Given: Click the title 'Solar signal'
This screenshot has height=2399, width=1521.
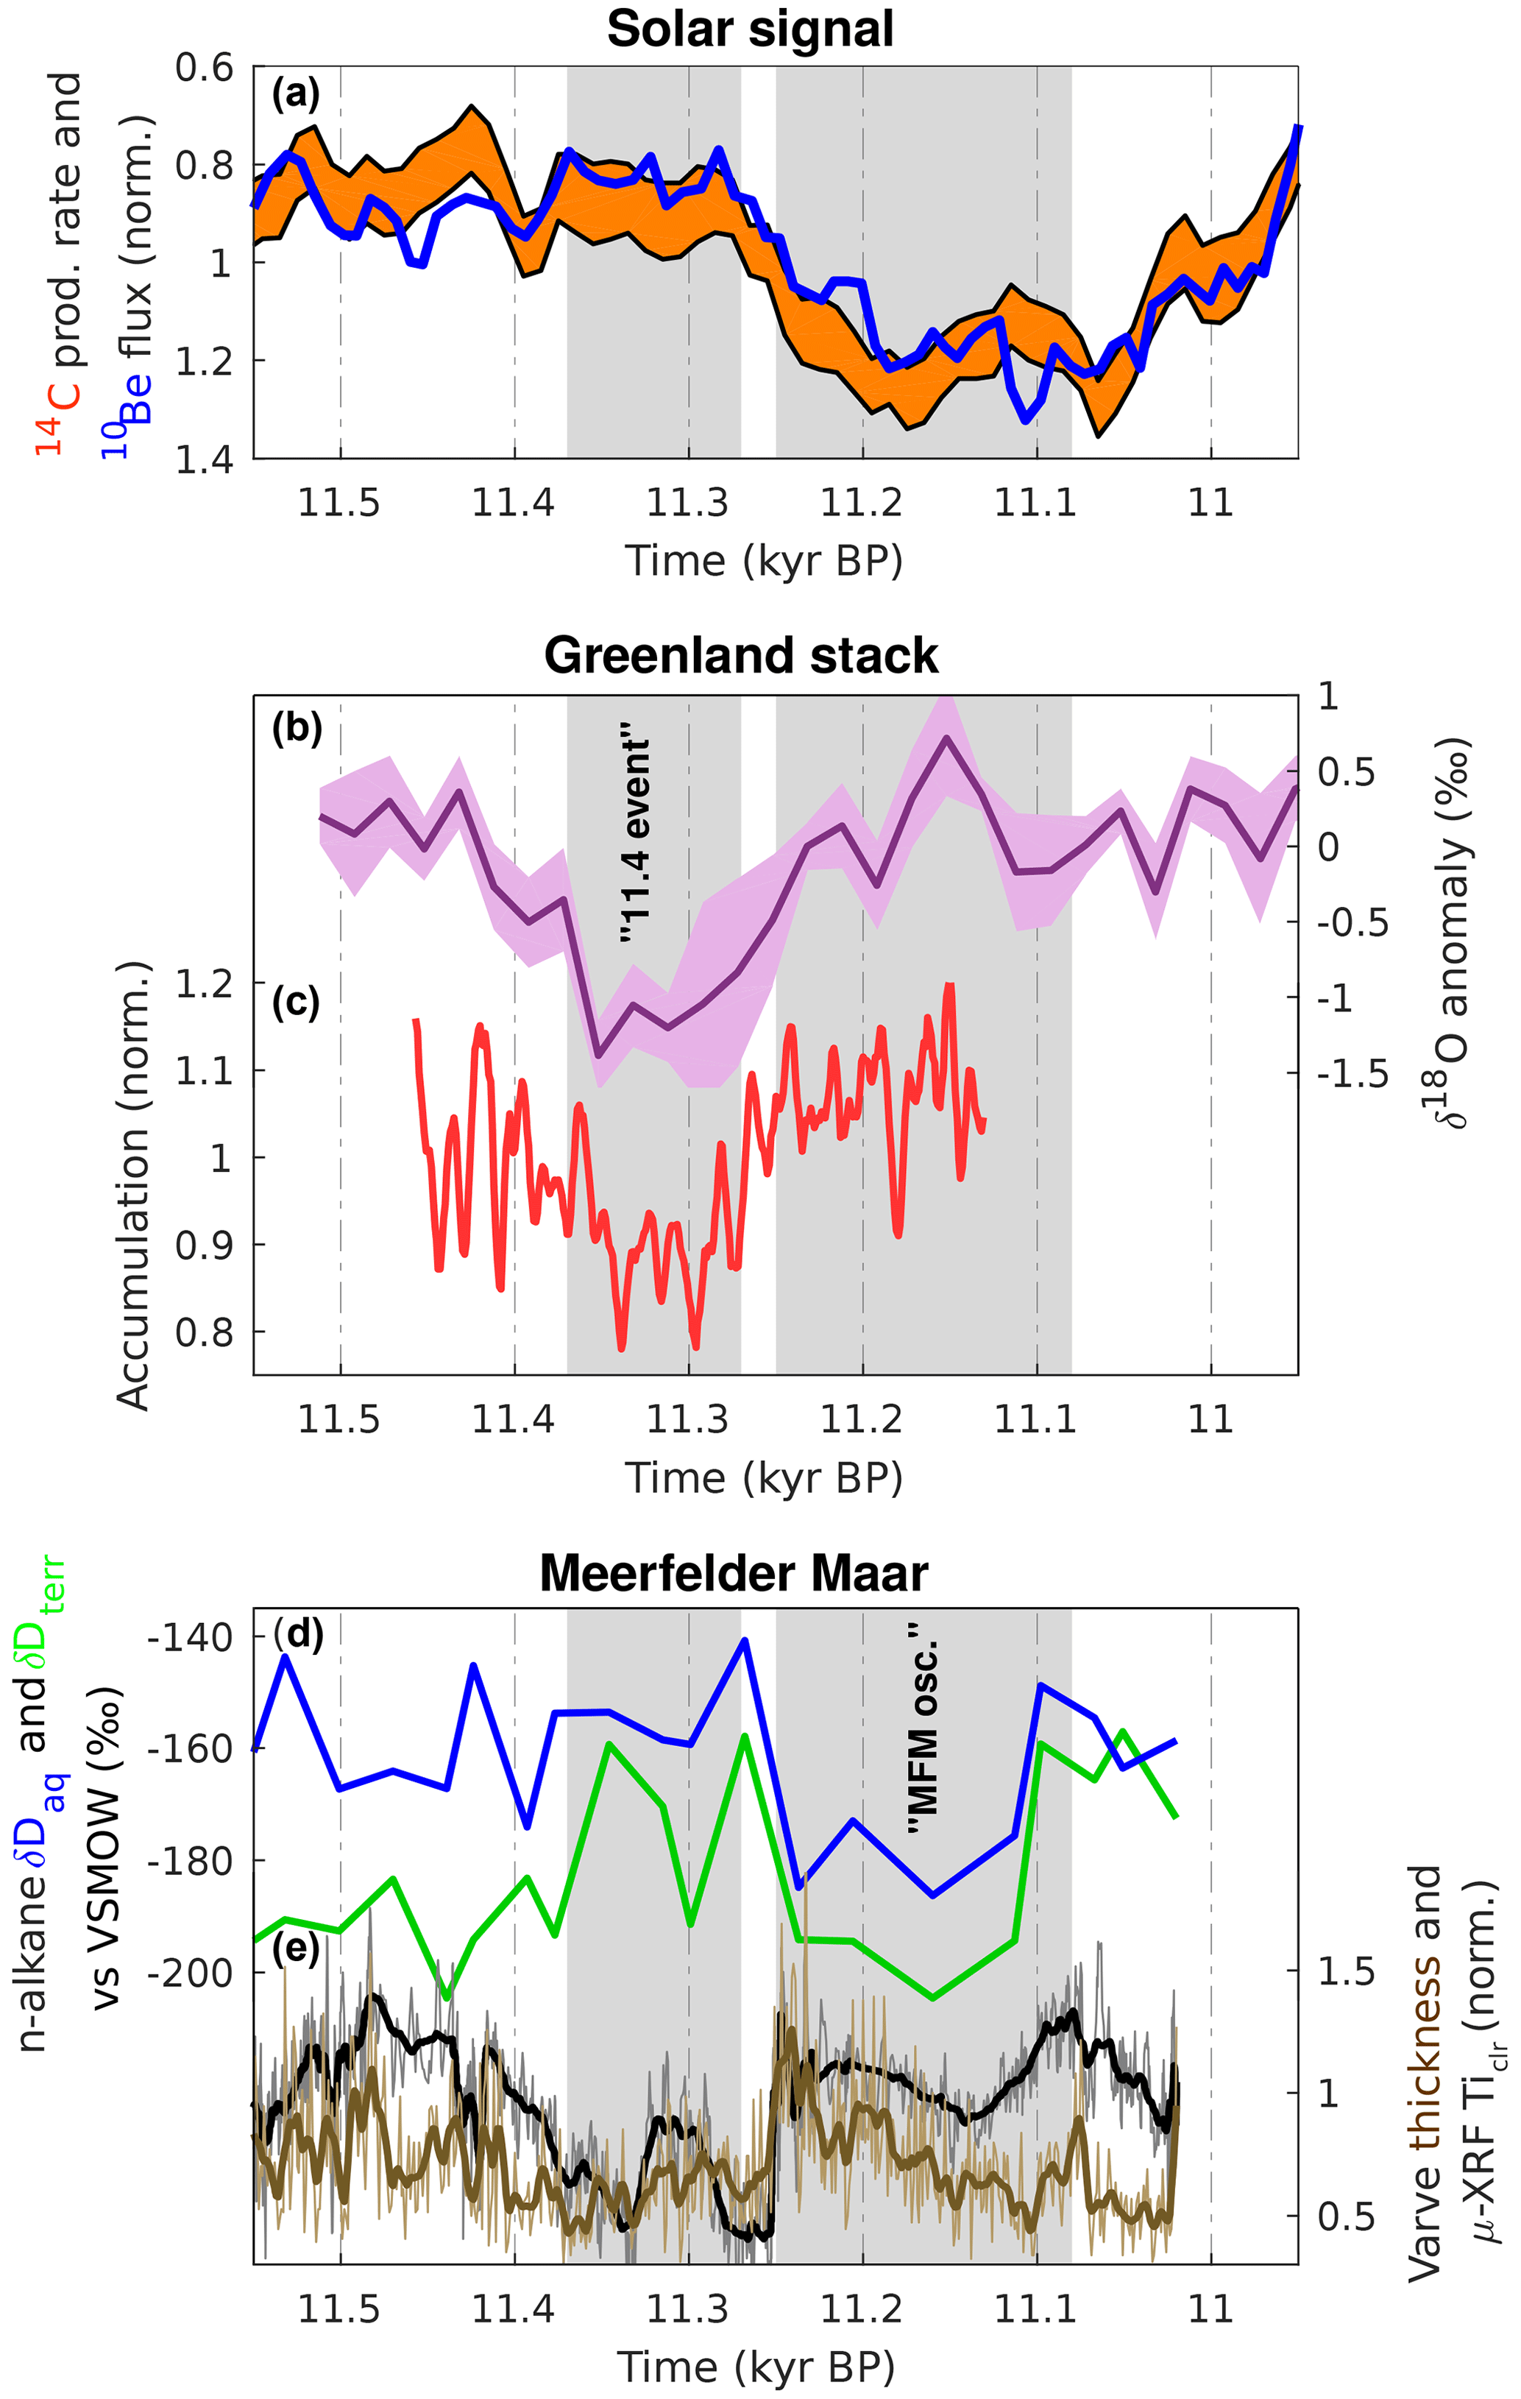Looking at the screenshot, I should point(749,29).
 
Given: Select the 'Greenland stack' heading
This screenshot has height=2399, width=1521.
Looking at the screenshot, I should point(741,656).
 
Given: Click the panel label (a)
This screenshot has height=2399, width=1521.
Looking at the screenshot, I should point(296,95).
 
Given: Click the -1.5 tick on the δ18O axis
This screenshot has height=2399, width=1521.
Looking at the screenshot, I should point(1352,1074).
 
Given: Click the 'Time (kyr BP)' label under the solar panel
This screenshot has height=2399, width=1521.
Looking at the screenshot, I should point(763,561).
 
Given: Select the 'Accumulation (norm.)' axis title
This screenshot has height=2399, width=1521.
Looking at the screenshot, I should point(132,1186).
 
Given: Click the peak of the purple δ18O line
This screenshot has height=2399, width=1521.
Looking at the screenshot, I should point(947,738).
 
